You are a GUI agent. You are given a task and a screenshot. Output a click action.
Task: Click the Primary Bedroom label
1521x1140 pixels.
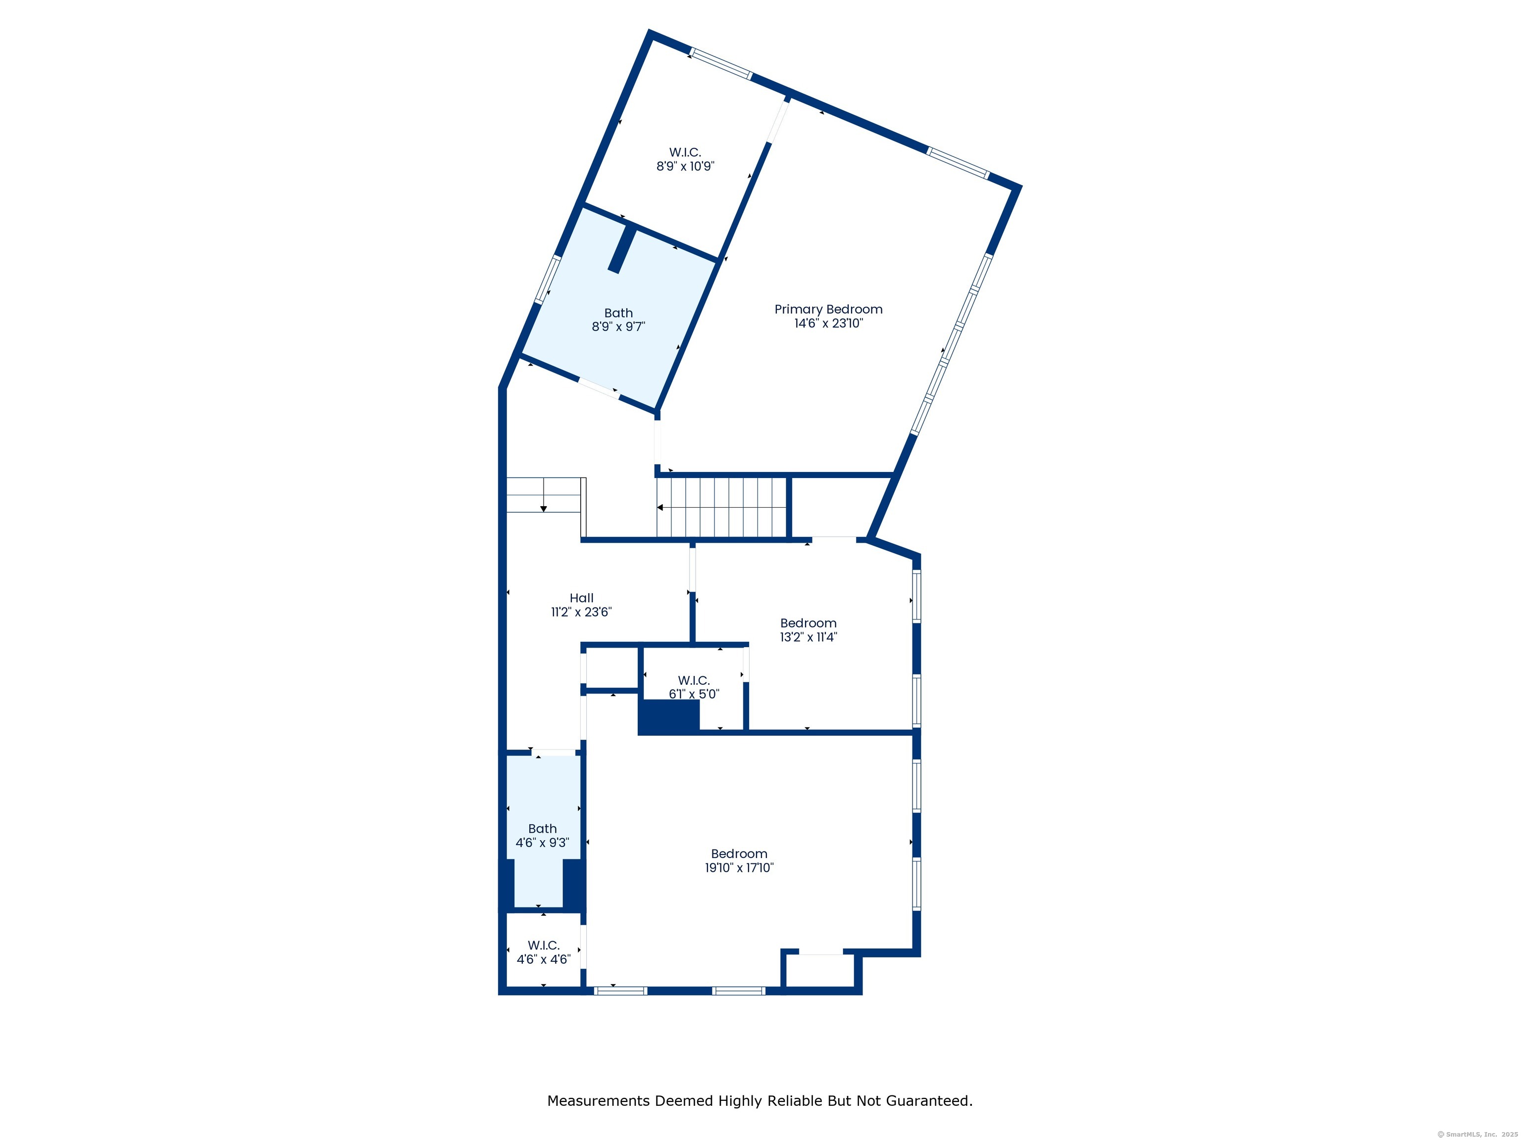[828, 309]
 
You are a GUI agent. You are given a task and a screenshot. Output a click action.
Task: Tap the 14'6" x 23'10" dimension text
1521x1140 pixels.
[828, 323]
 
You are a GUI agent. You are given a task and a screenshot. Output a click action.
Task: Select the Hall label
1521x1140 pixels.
[581, 598]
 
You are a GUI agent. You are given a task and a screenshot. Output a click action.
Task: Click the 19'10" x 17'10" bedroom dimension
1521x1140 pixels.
[739, 867]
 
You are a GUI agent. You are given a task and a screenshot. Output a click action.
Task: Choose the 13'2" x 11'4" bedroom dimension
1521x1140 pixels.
[808, 636]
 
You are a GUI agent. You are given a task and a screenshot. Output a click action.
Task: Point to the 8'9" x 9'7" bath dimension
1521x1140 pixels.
[618, 327]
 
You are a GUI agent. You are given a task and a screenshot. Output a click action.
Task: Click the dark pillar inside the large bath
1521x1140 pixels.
[622, 249]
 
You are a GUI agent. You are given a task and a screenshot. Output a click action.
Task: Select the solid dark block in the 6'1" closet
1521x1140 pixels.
[669, 717]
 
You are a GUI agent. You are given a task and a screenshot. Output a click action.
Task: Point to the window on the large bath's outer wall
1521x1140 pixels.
[548, 279]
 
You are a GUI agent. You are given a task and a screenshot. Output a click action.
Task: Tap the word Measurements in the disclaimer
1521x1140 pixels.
[600, 1101]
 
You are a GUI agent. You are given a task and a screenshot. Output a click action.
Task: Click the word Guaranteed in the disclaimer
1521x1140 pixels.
[928, 1101]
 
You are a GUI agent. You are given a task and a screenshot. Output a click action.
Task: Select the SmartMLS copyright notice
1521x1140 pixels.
[1477, 1135]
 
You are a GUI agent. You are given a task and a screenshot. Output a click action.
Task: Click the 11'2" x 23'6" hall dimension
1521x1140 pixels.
[581, 612]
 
